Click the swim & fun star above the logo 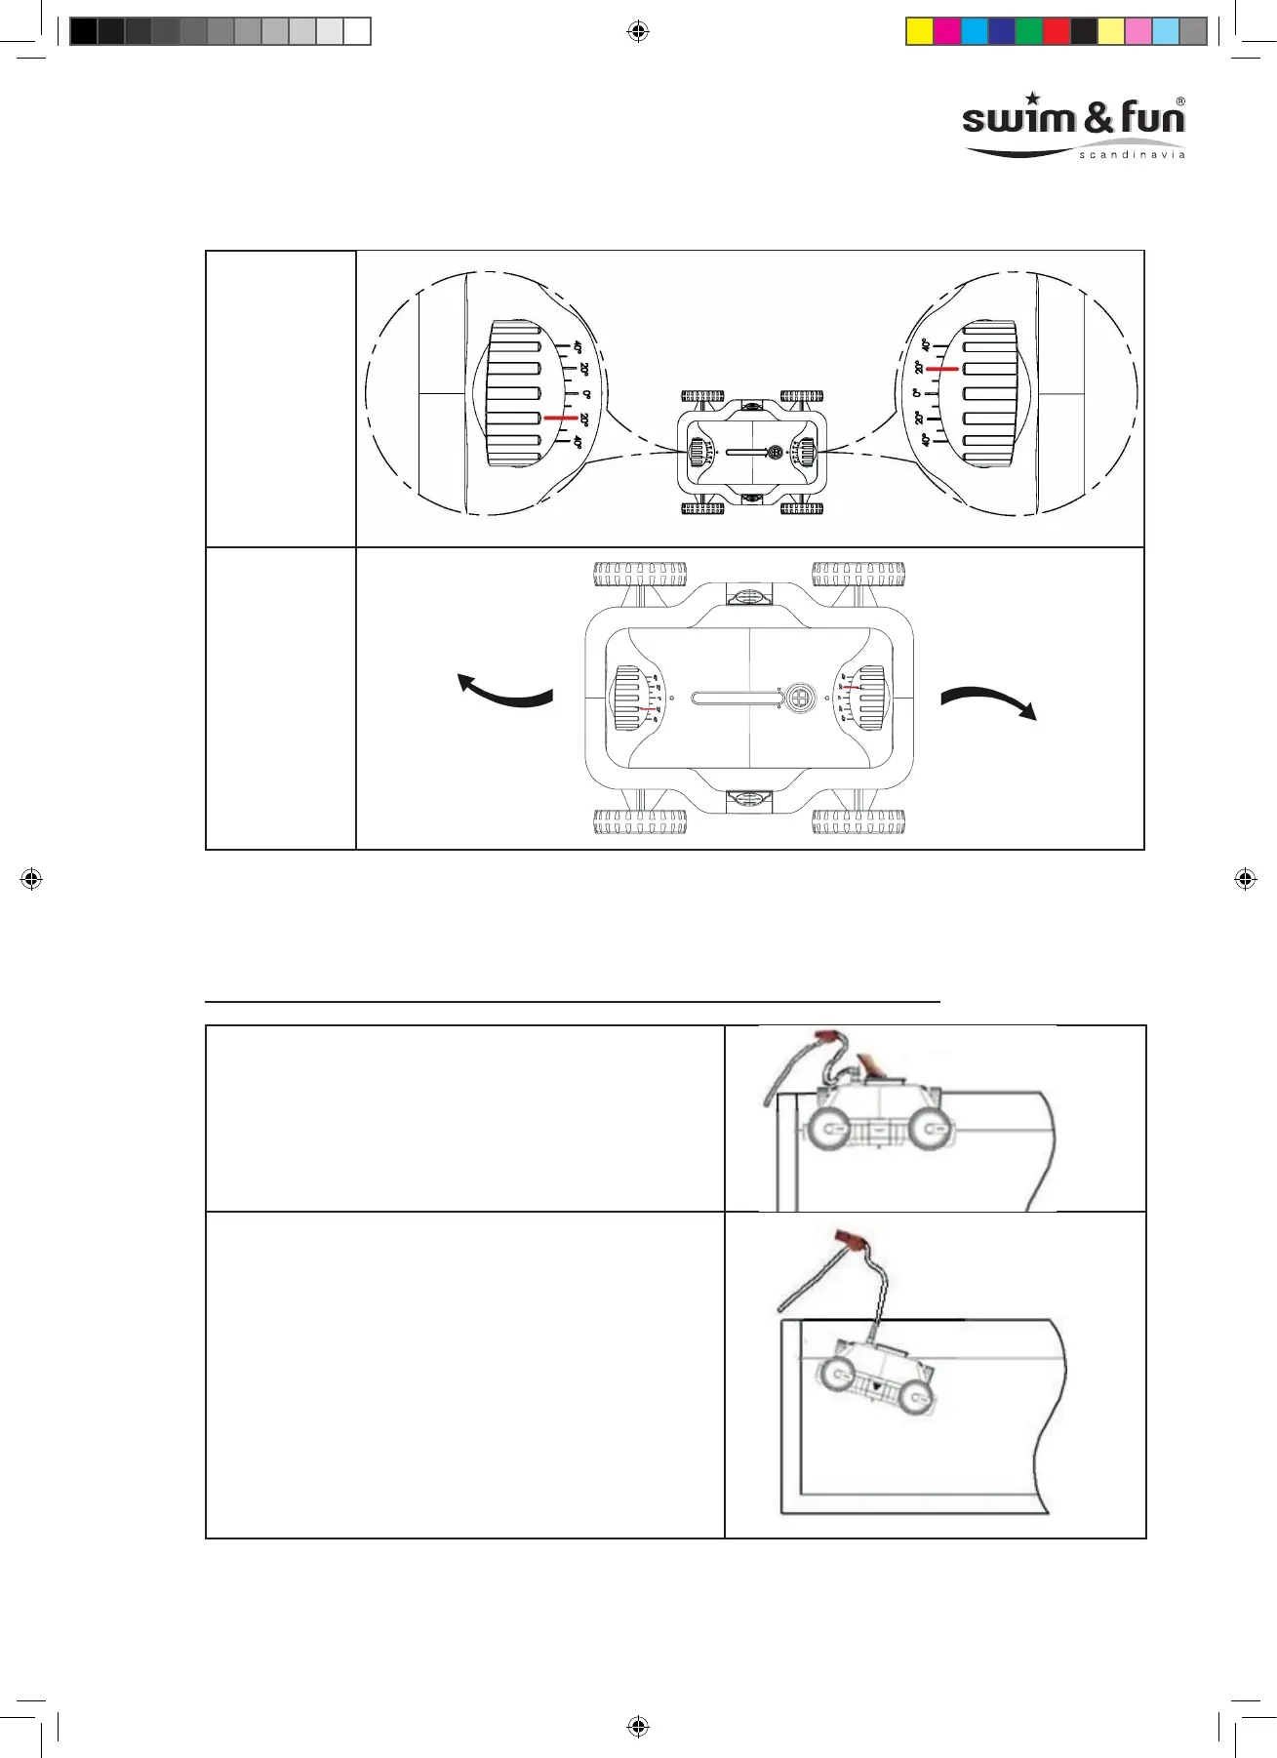coord(1033,99)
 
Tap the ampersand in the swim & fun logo coord(1098,118)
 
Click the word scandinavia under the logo coord(1132,155)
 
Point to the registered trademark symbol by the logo coord(1180,101)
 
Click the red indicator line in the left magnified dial coord(560,418)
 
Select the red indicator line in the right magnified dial coord(941,370)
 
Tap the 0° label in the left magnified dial coord(586,394)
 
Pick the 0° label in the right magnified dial coord(917,393)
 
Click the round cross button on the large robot coord(800,699)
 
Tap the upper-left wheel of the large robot coord(640,574)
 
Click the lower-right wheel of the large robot coord(858,822)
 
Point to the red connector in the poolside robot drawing coord(829,1036)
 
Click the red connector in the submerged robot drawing coord(851,1242)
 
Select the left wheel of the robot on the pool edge coord(827,1130)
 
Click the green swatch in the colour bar coord(1028,32)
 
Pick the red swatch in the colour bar coord(1056,32)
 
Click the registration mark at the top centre coord(638,32)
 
